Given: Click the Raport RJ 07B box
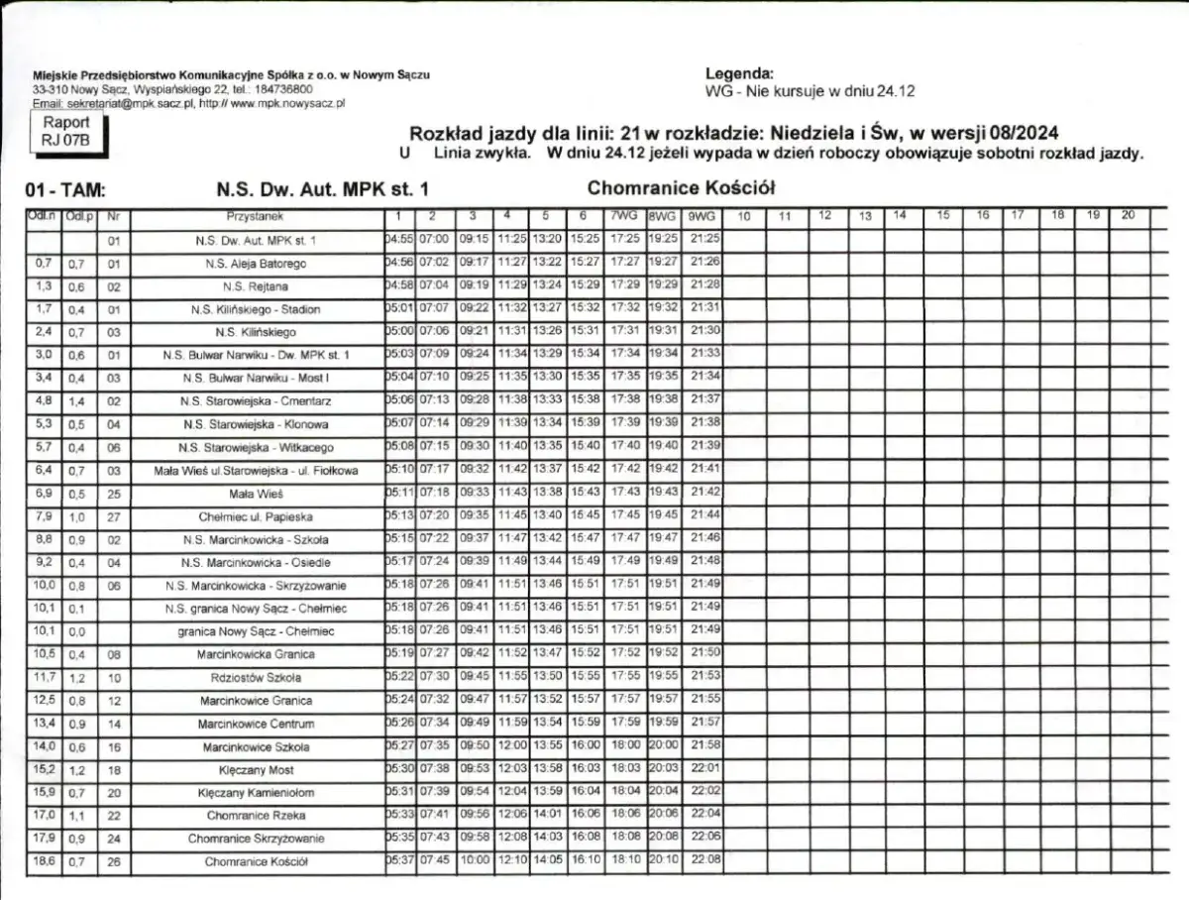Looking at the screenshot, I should (x=65, y=132).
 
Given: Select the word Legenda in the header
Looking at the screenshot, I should (x=739, y=73).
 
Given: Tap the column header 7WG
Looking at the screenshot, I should (x=623, y=215).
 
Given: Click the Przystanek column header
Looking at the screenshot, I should (x=256, y=215).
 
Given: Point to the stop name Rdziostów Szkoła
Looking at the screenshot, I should (x=256, y=677).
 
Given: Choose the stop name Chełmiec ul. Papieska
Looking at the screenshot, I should (x=256, y=516).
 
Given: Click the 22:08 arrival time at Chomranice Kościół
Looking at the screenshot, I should (x=704, y=860).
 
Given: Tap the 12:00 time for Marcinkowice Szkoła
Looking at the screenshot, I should (x=511, y=746).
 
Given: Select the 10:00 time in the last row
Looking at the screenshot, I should (x=475, y=860).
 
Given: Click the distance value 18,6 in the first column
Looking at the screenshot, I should (x=44, y=860).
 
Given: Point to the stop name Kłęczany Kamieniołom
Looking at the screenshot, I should (x=256, y=793).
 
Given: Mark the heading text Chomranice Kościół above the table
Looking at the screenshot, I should (x=681, y=187).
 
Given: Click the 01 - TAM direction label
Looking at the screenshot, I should (x=66, y=191).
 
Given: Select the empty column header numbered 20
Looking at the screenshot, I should (x=1128, y=215).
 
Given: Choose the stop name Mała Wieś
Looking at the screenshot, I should (x=256, y=493).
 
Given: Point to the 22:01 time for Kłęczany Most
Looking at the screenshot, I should (x=704, y=769).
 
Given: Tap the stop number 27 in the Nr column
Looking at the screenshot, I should (x=113, y=516).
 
